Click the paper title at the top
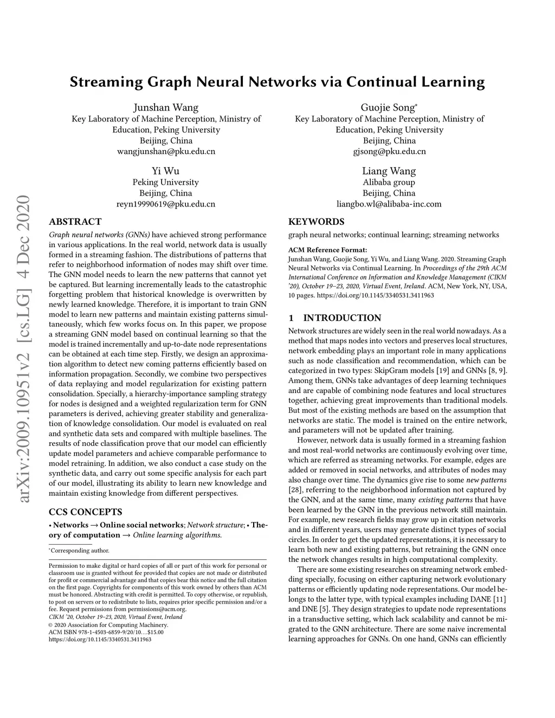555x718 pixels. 277,82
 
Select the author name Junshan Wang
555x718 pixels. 166,107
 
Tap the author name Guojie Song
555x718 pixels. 388,107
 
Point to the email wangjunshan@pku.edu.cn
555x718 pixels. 166,151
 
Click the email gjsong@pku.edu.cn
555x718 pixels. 389,151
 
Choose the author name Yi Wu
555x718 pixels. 166,171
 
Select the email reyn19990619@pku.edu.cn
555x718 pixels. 166,204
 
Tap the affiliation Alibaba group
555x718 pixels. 389,182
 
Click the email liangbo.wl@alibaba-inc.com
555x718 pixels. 389,204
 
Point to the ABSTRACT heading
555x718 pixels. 75,222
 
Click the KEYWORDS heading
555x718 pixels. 316,222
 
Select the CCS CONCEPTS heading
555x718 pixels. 85,512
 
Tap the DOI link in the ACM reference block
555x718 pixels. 375,295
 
